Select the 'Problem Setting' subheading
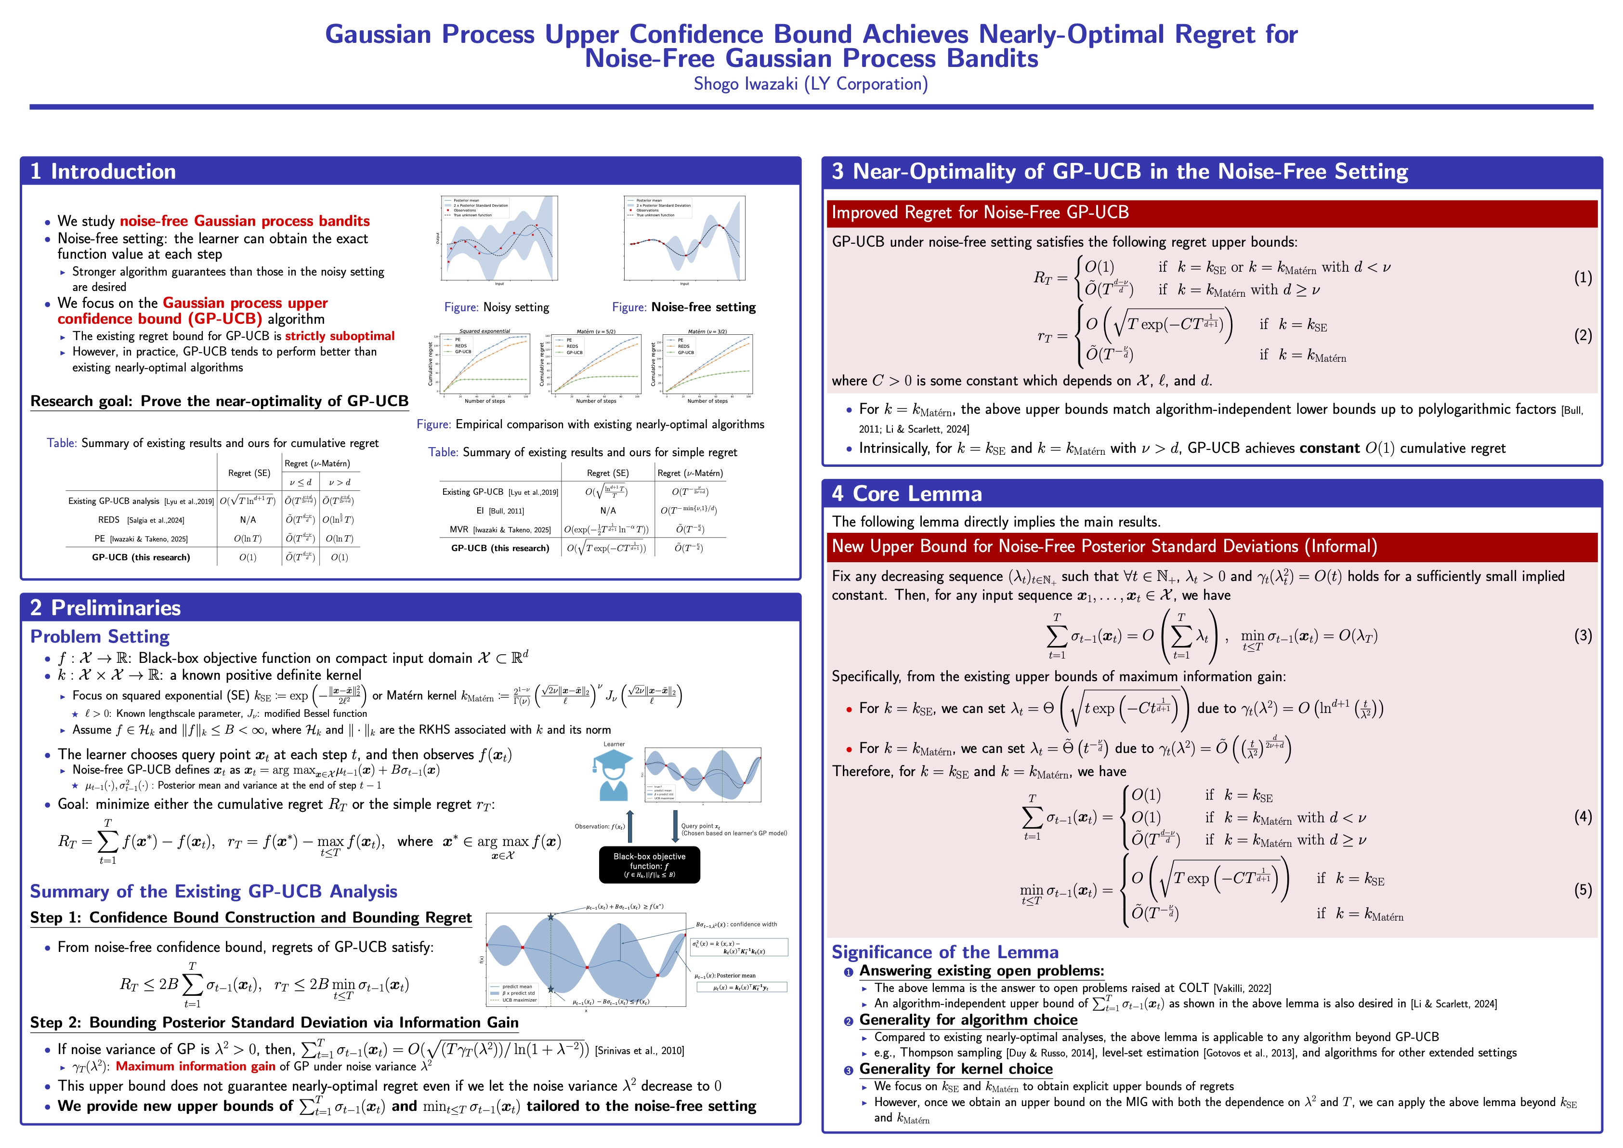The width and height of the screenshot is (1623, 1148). (x=100, y=636)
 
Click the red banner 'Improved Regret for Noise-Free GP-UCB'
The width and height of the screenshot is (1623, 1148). (x=980, y=213)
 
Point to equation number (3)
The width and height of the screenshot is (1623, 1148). (x=1583, y=635)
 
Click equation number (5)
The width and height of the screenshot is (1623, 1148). (x=1583, y=889)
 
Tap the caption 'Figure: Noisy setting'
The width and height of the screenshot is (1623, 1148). (x=496, y=307)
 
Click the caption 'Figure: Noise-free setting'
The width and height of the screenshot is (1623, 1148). (x=683, y=307)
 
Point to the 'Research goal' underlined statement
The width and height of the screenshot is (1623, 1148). (x=219, y=401)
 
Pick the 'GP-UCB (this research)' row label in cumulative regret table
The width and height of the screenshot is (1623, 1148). (x=141, y=558)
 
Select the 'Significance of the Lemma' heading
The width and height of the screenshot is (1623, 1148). (x=944, y=952)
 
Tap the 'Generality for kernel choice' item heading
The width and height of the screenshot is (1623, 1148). (x=955, y=1069)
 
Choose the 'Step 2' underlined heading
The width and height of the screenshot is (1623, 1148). (x=274, y=1023)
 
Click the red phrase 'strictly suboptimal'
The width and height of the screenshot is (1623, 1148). (x=340, y=336)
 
